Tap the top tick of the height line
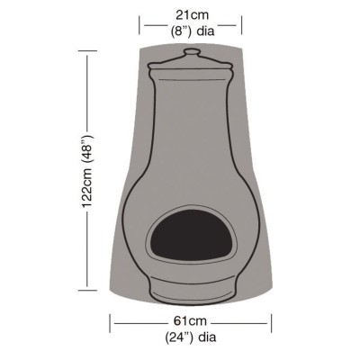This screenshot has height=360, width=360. [87, 50]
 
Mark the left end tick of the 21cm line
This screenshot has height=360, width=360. [141, 21]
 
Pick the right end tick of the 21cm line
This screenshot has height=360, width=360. [241, 21]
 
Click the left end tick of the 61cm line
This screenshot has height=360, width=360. [112, 321]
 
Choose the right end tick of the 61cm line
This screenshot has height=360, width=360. [270, 321]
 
